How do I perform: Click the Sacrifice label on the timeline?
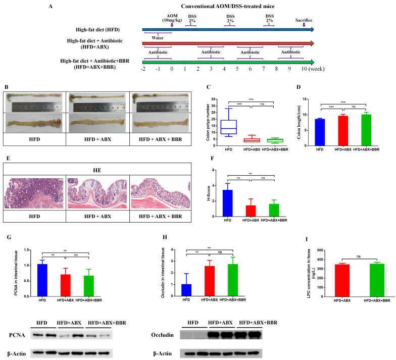(x=304, y=21)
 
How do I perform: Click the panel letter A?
(x=51, y=7)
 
